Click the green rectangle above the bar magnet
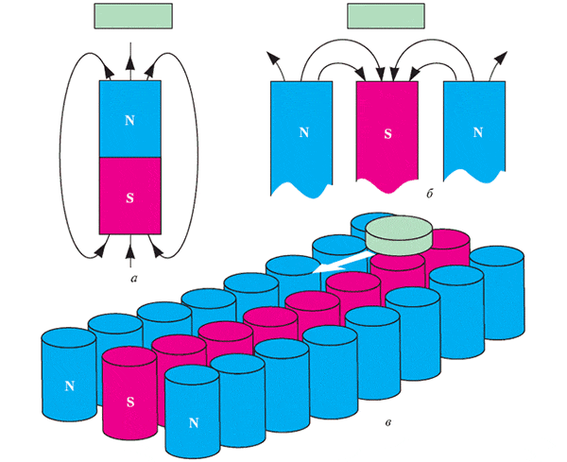click(x=133, y=17)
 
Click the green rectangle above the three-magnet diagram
click(x=386, y=16)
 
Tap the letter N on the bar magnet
click(x=130, y=120)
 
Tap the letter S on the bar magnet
click(x=130, y=198)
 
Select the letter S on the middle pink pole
click(x=387, y=133)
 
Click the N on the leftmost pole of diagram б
click(x=303, y=132)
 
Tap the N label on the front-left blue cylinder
click(x=69, y=385)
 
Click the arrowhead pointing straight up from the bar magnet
click(x=130, y=59)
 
